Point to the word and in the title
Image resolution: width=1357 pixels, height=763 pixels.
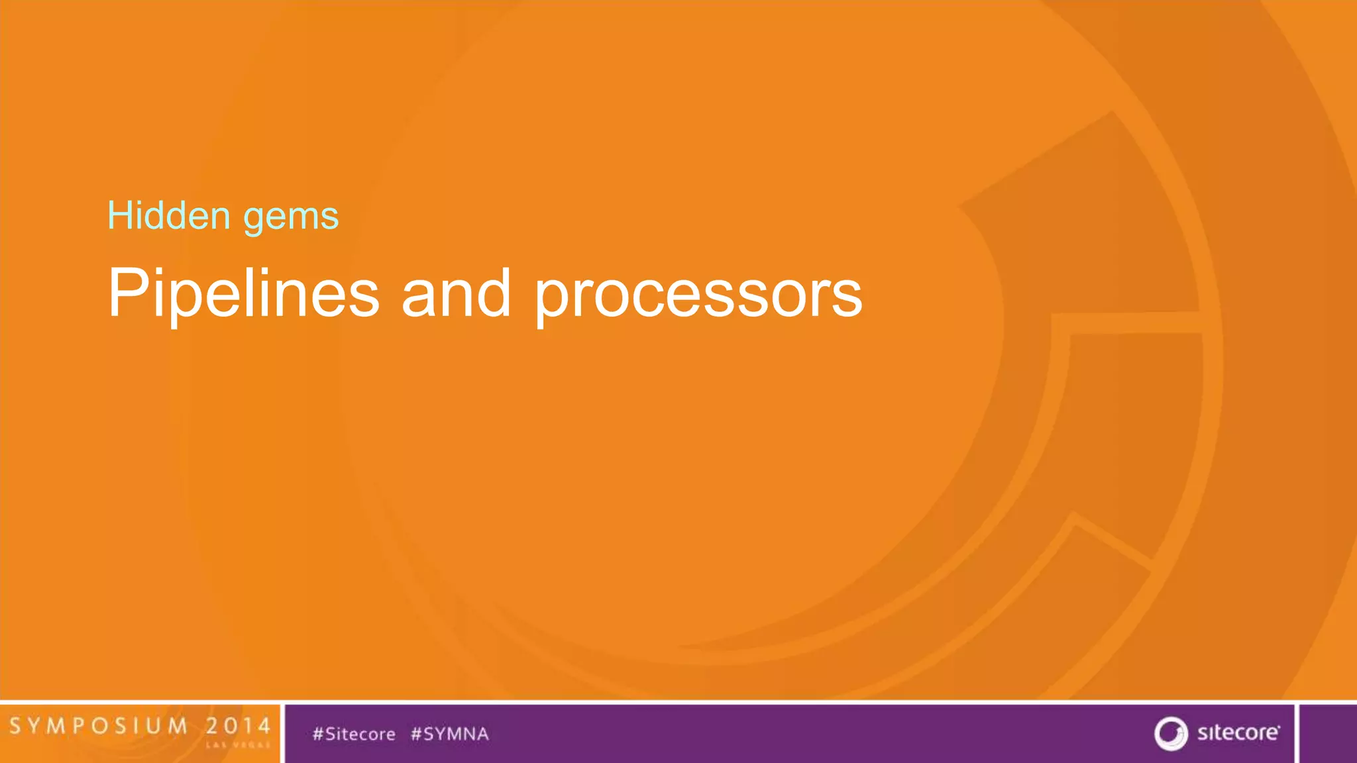click(456, 293)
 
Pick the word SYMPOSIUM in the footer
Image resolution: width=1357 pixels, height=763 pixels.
click(99, 726)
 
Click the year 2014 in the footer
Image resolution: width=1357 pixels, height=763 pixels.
click(238, 726)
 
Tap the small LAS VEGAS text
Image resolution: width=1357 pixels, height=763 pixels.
click(238, 745)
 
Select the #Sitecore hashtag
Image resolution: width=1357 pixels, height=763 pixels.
click(354, 734)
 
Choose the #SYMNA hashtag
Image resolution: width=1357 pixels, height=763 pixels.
click(450, 734)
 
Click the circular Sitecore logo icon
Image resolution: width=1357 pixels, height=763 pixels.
click(1171, 733)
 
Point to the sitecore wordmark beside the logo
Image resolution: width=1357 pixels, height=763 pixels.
click(1238, 733)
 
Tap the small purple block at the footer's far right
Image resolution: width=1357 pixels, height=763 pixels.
click(1328, 733)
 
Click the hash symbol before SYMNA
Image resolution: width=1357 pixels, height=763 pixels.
click(417, 734)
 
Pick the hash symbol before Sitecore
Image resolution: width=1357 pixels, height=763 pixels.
click(318, 734)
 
